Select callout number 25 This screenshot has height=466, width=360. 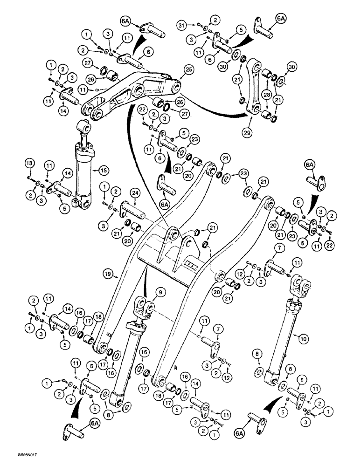click(x=188, y=69)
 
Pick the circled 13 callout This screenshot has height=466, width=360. click(x=29, y=163)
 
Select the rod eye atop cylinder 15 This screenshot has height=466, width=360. click(x=85, y=127)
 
